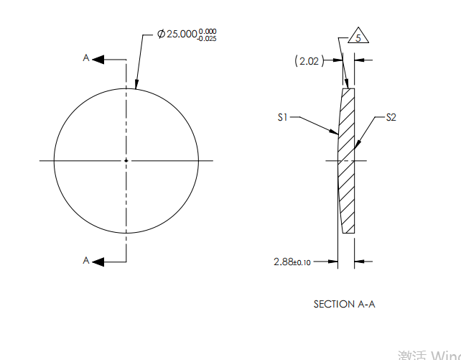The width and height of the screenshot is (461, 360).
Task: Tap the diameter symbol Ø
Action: [x=162, y=34]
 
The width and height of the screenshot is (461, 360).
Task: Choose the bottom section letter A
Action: [x=86, y=261]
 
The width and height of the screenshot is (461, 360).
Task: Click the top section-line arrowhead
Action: [x=99, y=59]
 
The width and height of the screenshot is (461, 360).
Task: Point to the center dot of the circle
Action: [x=126, y=160]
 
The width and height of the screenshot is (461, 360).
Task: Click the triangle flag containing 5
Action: [x=357, y=37]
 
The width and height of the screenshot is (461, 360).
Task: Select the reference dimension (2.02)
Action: [x=308, y=62]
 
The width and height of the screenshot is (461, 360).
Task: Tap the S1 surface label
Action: [x=284, y=116]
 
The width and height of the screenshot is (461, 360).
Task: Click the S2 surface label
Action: [x=391, y=117]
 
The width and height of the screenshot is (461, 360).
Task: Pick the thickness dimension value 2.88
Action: [x=284, y=262]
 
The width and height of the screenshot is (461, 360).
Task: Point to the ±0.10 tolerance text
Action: [x=302, y=263]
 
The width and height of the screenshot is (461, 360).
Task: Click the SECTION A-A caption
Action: [x=344, y=304]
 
